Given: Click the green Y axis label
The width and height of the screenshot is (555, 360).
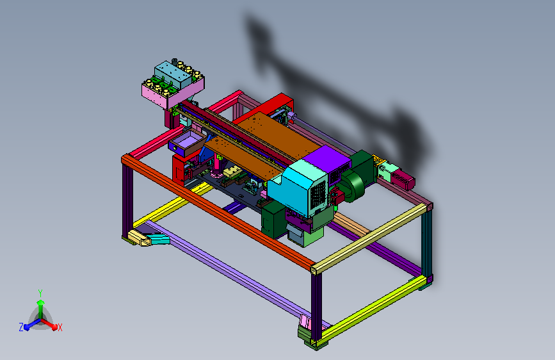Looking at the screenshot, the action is point(40,293).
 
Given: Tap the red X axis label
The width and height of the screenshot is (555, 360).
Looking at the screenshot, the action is point(60,327).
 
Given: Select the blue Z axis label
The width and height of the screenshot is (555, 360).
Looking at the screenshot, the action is point(21,327).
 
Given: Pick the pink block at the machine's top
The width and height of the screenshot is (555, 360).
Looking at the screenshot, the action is point(173,93).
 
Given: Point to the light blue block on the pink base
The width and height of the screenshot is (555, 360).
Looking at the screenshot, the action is point(174,75).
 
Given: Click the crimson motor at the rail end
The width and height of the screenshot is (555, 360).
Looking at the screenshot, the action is point(403,179).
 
